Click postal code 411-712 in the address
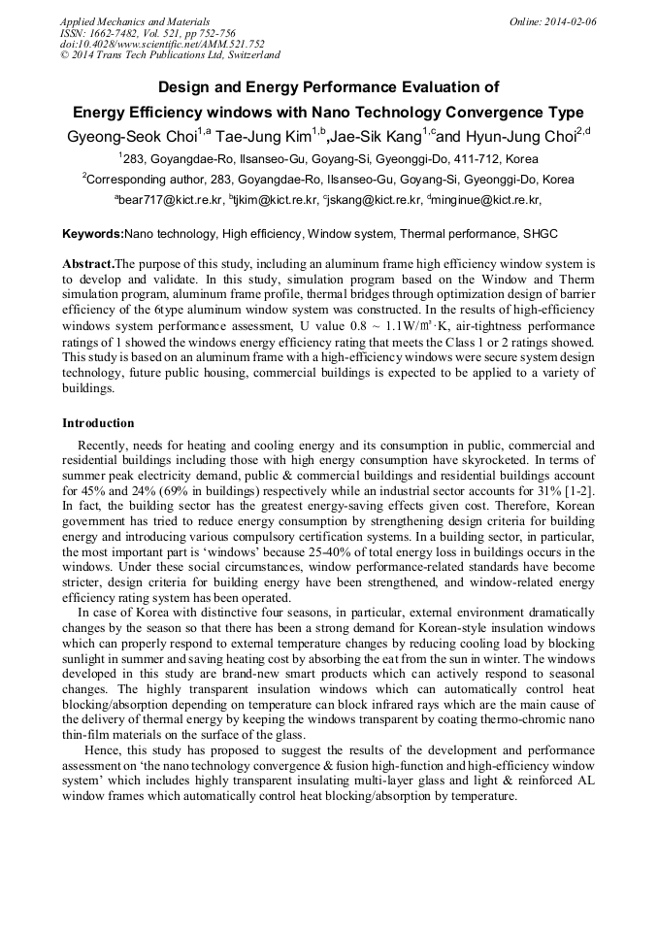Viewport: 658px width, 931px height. pyautogui.click(x=468, y=159)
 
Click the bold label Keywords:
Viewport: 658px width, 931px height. pyautogui.click(x=93, y=234)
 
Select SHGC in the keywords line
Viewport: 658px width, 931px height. pyautogui.click(x=540, y=234)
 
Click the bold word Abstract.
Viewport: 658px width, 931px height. pyautogui.click(x=87, y=264)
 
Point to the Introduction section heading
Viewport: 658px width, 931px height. pyautogui.click(x=98, y=423)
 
